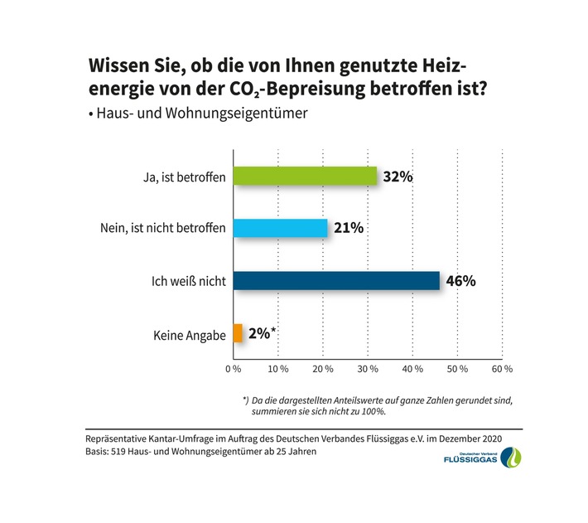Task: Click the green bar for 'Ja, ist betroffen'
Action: (305, 177)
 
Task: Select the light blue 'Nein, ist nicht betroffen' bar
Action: (280, 228)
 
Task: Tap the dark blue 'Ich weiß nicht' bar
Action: (336, 280)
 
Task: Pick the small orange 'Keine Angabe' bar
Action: (238, 333)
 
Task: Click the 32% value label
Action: (397, 177)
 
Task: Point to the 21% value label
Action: (347, 228)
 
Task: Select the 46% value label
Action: (460, 280)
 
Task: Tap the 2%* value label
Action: (262, 334)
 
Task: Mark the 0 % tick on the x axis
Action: (234, 367)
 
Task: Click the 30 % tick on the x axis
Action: (368, 367)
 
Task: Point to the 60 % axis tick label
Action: (503, 367)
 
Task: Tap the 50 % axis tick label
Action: (458, 367)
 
